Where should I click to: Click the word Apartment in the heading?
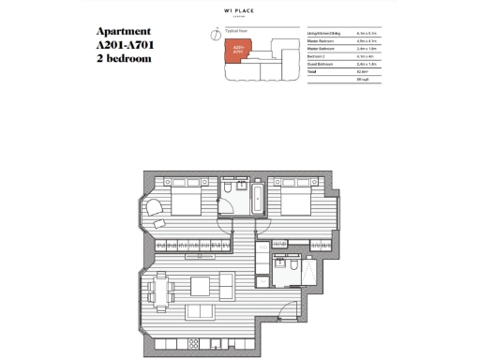124,31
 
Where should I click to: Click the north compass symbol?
217,36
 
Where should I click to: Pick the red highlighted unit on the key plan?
237,52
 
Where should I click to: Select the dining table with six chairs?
162,290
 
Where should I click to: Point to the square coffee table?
201,287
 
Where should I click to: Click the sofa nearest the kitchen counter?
201,312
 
